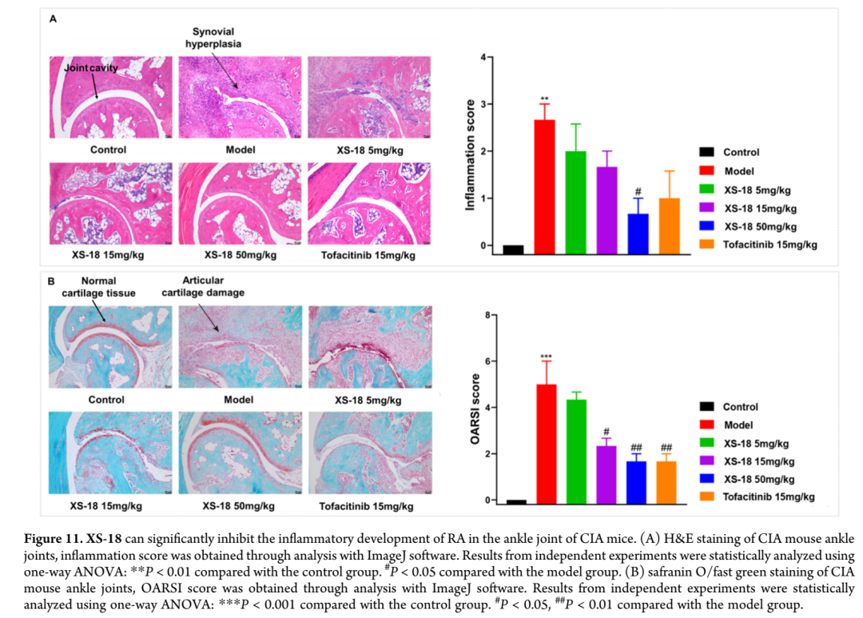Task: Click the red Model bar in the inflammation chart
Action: pos(544,186)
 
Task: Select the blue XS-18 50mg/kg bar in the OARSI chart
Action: pos(637,482)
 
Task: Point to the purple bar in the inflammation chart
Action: pos(606,209)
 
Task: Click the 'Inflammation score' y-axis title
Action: pos(471,155)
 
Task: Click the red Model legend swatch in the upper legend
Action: pos(706,171)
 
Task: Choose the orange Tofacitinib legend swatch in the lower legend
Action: pos(706,496)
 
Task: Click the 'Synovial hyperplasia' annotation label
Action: pos(213,38)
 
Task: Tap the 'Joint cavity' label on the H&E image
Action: pos(90,68)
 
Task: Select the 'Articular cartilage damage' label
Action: pos(203,286)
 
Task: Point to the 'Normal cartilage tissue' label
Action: pos(99,286)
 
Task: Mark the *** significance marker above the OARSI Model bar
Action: pos(545,357)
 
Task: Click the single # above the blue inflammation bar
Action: pos(638,191)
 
